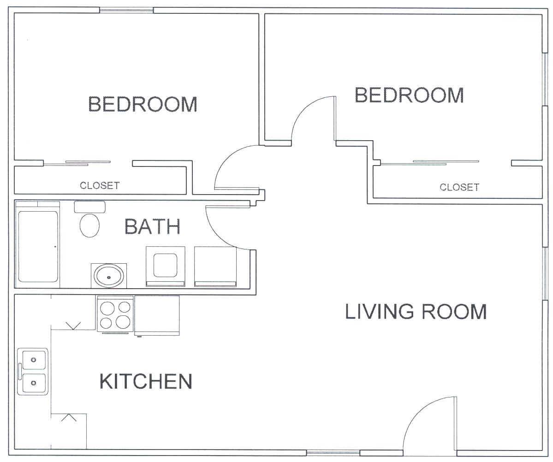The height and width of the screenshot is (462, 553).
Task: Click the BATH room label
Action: pyautogui.click(x=152, y=226)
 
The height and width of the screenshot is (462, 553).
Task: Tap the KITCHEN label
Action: pyautogui.click(x=146, y=381)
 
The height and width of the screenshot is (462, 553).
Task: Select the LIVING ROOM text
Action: pyautogui.click(x=416, y=311)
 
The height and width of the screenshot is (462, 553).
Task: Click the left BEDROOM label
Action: pyautogui.click(x=143, y=104)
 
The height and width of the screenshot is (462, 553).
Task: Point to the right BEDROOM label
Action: pyautogui.click(x=409, y=95)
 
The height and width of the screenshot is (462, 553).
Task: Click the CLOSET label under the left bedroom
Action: pyautogui.click(x=100, y=185)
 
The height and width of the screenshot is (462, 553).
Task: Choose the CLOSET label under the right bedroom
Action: pyautogui.click(x=459, y=187)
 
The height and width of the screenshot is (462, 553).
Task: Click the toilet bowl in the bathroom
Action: pyautogui.click(x=89, y=225)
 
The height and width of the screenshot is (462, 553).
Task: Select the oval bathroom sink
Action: pyautogui.click(x=109, y=277)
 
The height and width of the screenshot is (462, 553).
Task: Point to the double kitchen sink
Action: pyautogui.click(x=33, y=371)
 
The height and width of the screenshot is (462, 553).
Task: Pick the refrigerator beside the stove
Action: pyautogui.click(x=157, y=315)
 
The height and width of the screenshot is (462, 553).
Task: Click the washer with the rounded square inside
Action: pyautogui.click(x=166, y=266)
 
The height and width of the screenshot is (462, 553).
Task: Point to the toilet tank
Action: pyautogui.click(x=89, y=207)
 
